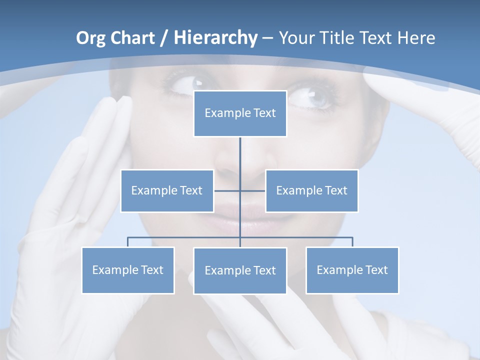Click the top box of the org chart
click(x=240, y=113)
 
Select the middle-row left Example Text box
click(x=167, y=190)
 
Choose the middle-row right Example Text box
click(x=311, y=190)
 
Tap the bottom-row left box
click(x=128, y=270)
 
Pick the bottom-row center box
click(x=240, y=270)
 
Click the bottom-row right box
click(x=352, y=270)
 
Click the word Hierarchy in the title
click(x=215, y=37)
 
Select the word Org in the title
click(x=90, y=38)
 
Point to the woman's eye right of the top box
click(x=309, y=96)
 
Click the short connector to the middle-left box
click(x=226, y=190)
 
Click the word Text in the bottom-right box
click(x=376, y=270)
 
